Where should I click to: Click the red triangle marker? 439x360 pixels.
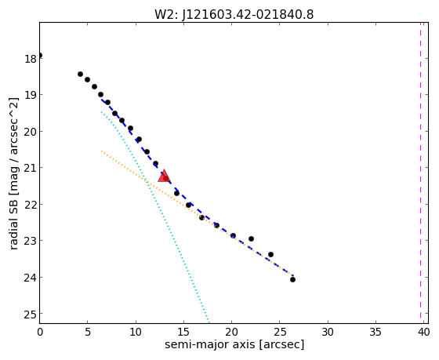click(x=164, y=176)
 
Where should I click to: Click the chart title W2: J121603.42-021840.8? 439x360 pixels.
click(x=234, y=15)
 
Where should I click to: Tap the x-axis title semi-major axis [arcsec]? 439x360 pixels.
click(x=234, y=344)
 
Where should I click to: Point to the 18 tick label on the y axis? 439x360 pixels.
click(x=31, y=59)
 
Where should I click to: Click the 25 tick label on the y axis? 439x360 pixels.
click(x=31, y=315)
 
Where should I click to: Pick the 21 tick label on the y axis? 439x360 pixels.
click(x=31, y=169)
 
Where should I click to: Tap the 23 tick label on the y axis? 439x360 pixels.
click(x=31, y=242)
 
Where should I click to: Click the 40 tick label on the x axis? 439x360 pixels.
click(x=423, y=333)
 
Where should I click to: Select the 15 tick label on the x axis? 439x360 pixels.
click(x=183, y=333)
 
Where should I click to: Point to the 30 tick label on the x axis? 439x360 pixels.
click(x=328, y=333)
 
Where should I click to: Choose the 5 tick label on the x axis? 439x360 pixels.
click(x=88, y=333)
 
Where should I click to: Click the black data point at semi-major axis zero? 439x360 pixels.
click(x=40, y=55)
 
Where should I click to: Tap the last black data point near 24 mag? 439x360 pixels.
click(x=292, y=279)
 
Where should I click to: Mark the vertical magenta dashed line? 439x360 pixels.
click(x=420, y=171)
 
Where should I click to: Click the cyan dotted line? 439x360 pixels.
click(x=155, y=216)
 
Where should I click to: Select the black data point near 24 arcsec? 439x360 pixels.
click(x=270, y=254)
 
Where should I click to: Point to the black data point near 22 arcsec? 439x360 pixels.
click(x=251, y=238)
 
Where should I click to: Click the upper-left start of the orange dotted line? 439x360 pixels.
click(x=102, y=151)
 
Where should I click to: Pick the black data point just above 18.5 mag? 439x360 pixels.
click(x=80, y=74)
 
